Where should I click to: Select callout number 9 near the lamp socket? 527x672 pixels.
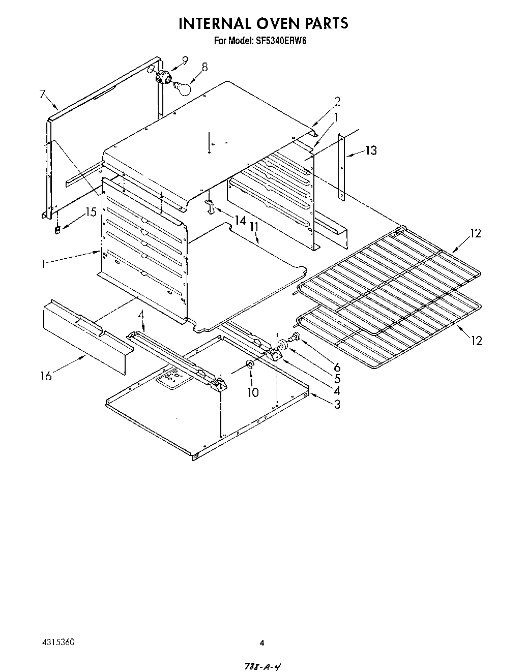click(x=184, y=60)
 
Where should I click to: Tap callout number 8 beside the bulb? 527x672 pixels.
click(x=204, y=67)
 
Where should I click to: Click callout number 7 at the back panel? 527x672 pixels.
click(x=42, y=95)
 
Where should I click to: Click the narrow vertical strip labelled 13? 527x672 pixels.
click(x=342, y=167)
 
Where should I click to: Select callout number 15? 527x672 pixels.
click(x=91, y=212)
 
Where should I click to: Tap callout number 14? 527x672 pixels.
click(x=240, y=220)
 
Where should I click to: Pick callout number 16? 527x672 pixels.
click(x=46, y=376)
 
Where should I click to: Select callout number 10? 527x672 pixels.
click(x=253, y=392)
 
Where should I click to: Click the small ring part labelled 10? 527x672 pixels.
click(x=250, y=364)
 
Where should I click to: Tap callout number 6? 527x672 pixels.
click(x=336, y=366)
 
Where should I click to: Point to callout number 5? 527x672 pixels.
click(x=337, y=379)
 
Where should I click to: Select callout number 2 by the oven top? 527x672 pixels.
click(x=337, y=101)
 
